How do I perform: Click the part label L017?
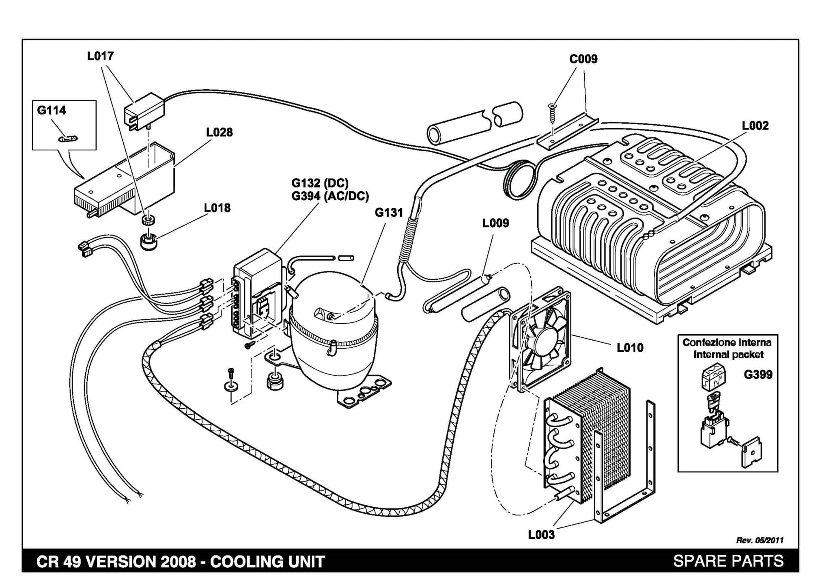tap(100, 56)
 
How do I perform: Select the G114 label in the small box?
tap(52, 110)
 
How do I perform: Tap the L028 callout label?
tap(220, 132)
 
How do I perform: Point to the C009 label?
tap(583, 59)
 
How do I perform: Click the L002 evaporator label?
tap(755, 126)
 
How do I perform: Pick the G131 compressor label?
tap(389, 212)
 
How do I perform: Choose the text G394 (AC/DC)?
tap(330, 196)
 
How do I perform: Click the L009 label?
tap(495, 223)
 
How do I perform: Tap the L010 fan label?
tap(630, 348)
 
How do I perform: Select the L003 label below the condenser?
tap(541, 535)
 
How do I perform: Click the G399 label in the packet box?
tap(758, 374)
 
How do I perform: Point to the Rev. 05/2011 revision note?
tap(760, 540)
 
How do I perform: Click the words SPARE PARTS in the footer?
tap(728, 561)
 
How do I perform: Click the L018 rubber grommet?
tap(149, 241)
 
